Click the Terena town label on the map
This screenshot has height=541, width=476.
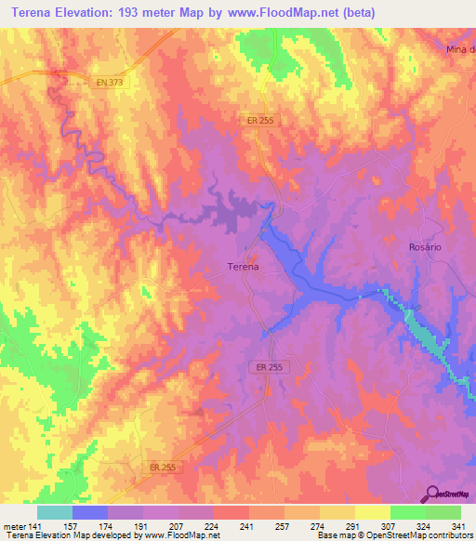(243, 267)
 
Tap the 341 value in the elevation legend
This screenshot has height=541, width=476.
(456, 525)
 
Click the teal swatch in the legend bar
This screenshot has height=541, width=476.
(55, 512)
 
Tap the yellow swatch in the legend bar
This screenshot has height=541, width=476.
(372, 512)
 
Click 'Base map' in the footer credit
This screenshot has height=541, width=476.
(336, 535)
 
